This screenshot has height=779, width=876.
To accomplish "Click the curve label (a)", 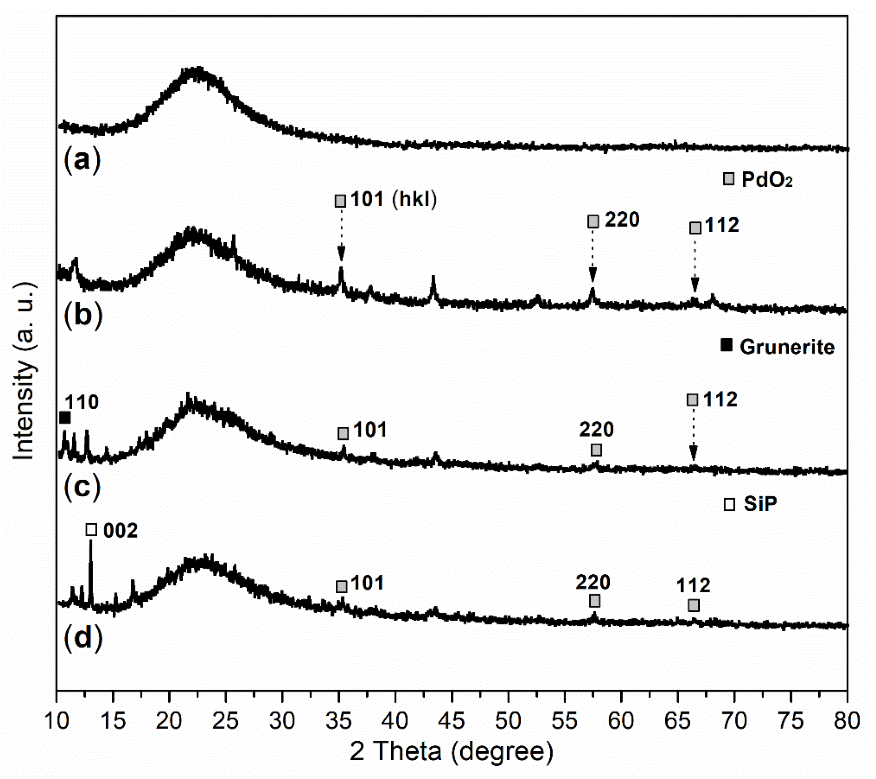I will (x=82, y=160).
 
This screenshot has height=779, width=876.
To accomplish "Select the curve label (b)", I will (x=83, y=315).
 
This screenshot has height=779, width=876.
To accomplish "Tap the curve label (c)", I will (x=82, y=487).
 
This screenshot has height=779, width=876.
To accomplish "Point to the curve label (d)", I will (x=83, y=637).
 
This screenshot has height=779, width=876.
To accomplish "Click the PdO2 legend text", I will (x=767, y=180).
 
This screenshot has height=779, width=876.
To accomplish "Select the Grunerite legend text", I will (x=787, y=347).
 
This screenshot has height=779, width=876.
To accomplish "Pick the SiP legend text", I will (x=760, y=504).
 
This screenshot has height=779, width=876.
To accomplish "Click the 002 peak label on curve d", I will (x=120, y=530).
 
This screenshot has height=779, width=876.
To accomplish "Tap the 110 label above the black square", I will (x=81, y=402).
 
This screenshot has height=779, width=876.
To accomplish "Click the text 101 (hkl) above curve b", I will (x=393, y=199).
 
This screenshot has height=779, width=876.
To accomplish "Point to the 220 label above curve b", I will (x=622, y=220).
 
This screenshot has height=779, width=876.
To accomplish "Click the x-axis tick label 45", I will (x=452, y=721).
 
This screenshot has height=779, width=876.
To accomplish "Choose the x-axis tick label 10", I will (x=57, y=721).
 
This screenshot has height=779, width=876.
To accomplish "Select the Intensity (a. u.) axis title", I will (x=24, y=370).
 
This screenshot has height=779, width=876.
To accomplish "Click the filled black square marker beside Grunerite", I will (x=727, y=345).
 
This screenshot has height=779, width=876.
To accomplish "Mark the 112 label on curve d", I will (x=693, y=585).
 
